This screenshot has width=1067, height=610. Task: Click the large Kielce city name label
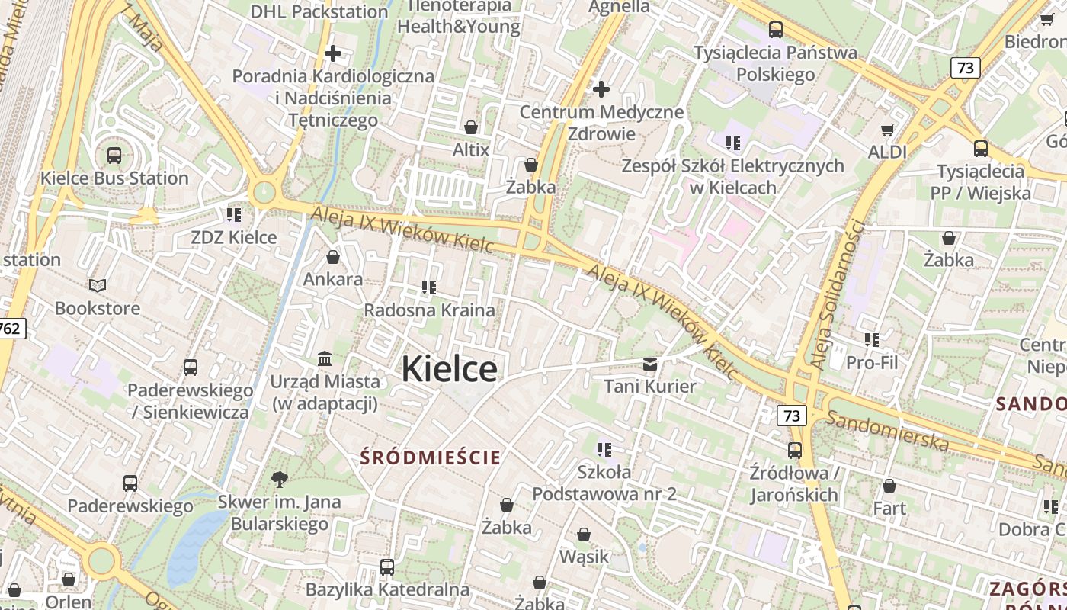click(x=450, y=369)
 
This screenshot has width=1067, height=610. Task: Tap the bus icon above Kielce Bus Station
click(x=114, y=156)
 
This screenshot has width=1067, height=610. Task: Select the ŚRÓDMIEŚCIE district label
click(x=431, y=457)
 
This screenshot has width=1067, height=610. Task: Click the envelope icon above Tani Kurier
click(x=650, y=364)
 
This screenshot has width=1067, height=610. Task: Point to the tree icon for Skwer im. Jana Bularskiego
click(x=280, y=480)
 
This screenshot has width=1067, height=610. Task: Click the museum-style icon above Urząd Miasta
click(x=325, y=358)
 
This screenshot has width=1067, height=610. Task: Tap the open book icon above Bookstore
click(x=98, y=286)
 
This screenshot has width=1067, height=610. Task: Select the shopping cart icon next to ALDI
click(x=887, y=130)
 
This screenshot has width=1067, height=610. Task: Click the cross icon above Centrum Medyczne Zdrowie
click(x=601, y=89)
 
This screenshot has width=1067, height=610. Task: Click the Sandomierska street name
click(x=888, y=431)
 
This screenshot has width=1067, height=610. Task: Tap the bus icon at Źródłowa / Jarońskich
click(x=795, y=451)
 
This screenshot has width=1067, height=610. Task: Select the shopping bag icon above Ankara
click(x=333, y=257)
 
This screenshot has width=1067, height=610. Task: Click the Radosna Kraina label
click(x=429, y=310)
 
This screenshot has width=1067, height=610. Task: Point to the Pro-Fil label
click(x=872, y=362)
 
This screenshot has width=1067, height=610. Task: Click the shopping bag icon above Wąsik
click(x=584, y=535)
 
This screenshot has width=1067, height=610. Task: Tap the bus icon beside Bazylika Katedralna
click(x=387, y=567)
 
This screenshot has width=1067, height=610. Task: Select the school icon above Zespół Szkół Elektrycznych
click(x=733, y=143)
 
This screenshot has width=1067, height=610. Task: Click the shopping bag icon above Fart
click(x=889, y=486)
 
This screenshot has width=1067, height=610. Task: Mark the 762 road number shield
click(x=11, y=329)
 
